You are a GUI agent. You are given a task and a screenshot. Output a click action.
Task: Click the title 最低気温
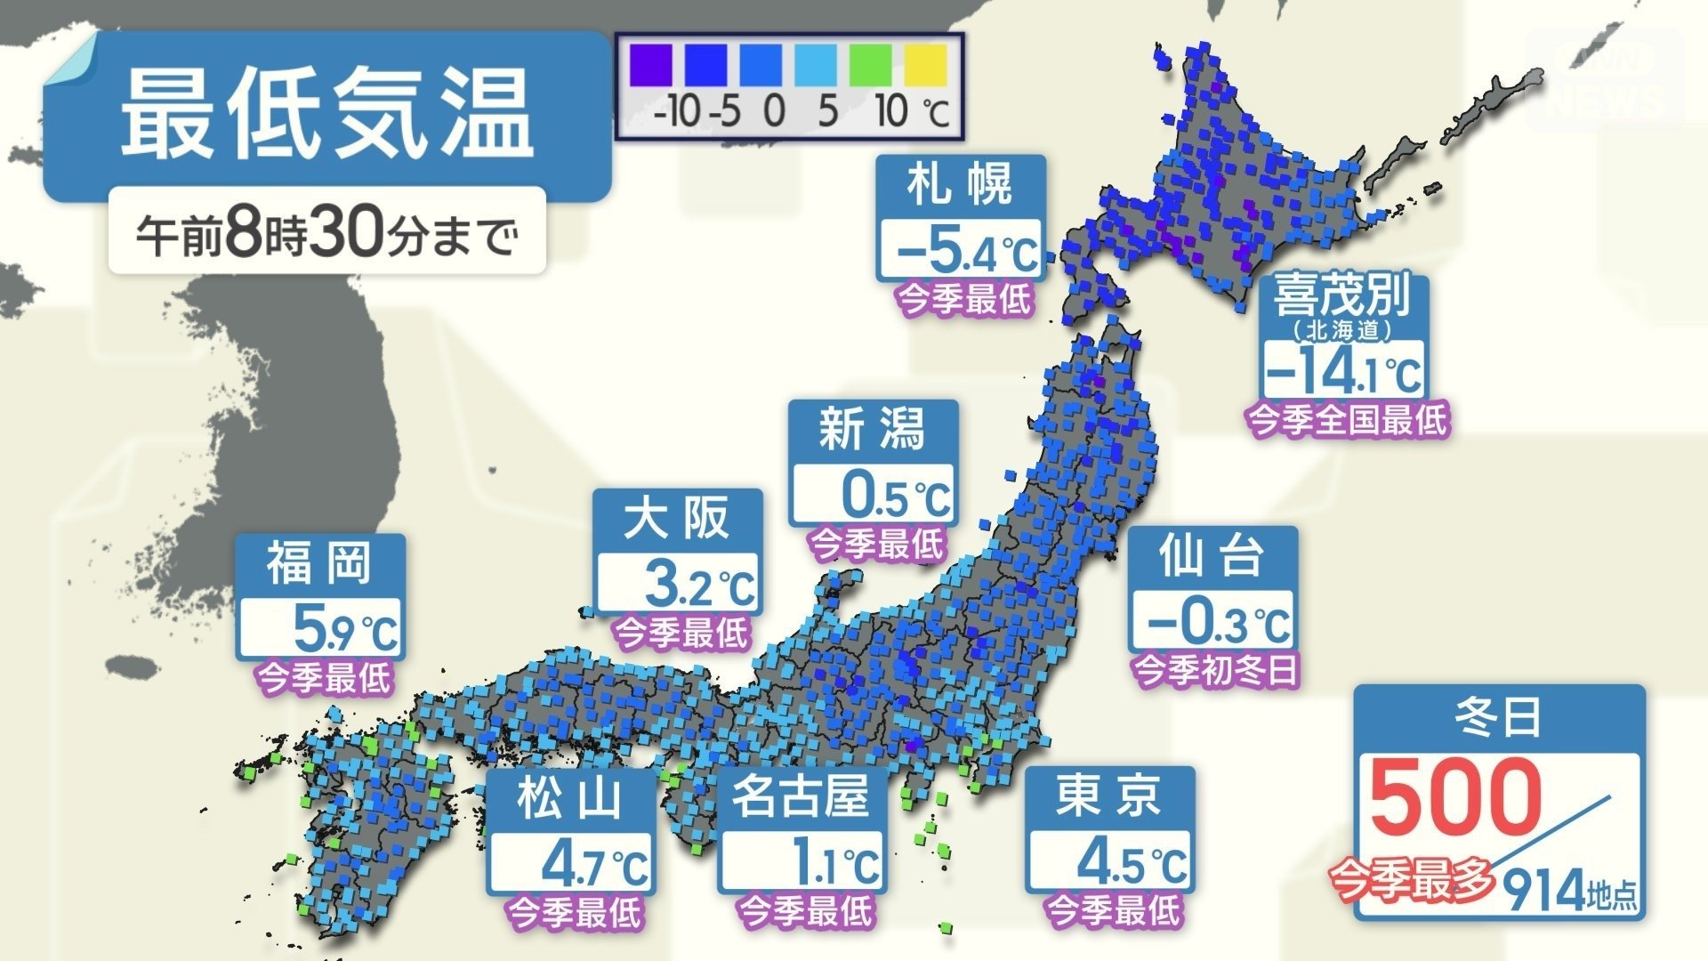coord(326,115)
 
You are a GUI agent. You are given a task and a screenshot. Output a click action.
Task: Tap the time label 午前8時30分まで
coord(326,235)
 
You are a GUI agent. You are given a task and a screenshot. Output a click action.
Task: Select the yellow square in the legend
coord(926,66)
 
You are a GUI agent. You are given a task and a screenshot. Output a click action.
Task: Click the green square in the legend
coord(870,66)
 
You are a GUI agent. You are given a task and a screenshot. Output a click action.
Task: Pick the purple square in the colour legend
coord(651,66)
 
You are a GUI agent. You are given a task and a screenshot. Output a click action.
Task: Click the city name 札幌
coord(960,185)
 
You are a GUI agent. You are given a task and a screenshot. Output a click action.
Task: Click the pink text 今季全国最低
coord(1348,419)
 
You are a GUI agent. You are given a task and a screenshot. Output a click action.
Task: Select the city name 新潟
coord(873,430)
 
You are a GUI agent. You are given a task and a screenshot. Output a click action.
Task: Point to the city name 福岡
coord(319,563)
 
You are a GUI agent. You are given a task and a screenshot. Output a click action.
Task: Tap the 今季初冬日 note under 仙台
coord(1214,668)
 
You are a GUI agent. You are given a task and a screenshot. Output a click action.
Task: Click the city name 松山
coord(569,796)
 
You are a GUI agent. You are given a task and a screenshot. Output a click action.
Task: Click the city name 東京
coord(1108,795)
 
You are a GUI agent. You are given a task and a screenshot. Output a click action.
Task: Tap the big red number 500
coord(1455,795)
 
